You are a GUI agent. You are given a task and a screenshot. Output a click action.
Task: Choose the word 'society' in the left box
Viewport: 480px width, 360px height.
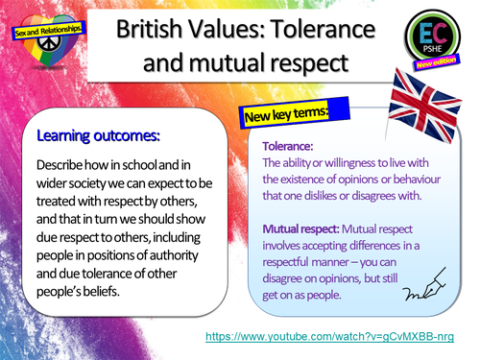(105, 184)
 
